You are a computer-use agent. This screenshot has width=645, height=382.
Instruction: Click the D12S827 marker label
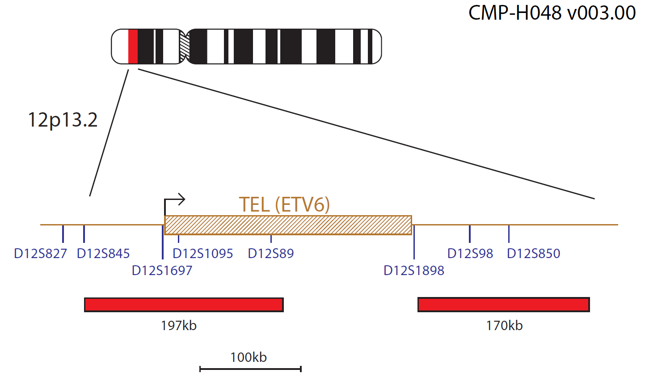click(x=40, y=254)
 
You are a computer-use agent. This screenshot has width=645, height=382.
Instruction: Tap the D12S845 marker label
click(x=103, y=254)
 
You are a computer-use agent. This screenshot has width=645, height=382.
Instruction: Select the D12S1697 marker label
click(x=162, y=271)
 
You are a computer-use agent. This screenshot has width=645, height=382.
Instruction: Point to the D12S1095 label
click(x=203, y=254)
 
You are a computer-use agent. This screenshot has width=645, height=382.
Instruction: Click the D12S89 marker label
click(x=271, y=254)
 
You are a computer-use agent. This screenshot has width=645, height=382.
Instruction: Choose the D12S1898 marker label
click(x=414, y=271)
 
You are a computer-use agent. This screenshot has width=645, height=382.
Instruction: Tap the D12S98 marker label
click(x=470, y=254)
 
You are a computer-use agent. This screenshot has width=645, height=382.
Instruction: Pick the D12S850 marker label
click(x=534, y=254)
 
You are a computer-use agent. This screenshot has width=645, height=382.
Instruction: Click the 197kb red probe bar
click(x=184, y=305)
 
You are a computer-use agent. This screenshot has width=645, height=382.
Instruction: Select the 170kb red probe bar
click(x=504, y=305)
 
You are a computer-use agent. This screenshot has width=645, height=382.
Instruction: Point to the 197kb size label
click(x=179, y=326)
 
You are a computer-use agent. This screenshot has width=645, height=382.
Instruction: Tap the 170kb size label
click(x=504, y=326)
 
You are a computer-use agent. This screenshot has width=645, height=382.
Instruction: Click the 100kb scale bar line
click(x=250, y=369)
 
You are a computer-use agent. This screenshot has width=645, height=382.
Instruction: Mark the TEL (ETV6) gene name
click(x=284, y=205)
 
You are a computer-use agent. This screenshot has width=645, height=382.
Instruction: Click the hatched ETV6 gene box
click(x=288, y=225)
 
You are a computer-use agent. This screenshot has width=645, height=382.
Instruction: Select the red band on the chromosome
click(x=133, y=47)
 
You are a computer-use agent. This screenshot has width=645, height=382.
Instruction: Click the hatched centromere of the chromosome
click(x=184, y=47)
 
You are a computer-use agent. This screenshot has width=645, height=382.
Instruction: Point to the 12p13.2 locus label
click(x=63, y=120)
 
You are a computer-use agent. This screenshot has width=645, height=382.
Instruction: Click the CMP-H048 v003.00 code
click(x=552, y=13)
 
